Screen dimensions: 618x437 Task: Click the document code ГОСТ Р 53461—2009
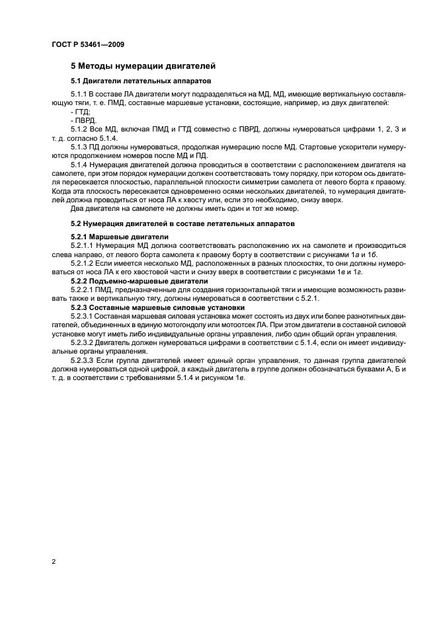(87, 45)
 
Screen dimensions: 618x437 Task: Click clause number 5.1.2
(79, 130)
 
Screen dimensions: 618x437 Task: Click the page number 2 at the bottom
(53, 562)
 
